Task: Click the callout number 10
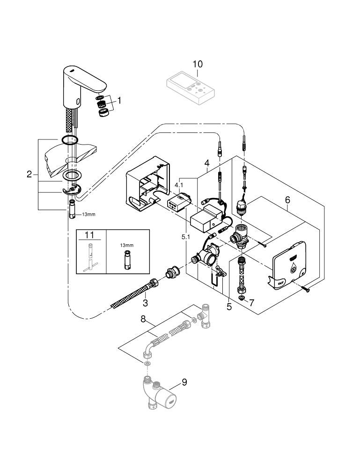pos(198,63)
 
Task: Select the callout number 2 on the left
pos(29,175)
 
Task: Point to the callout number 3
pos(145,303)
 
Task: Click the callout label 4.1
pos(179,185)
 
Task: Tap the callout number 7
pos(251,303)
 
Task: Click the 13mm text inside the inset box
pos(126,245)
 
